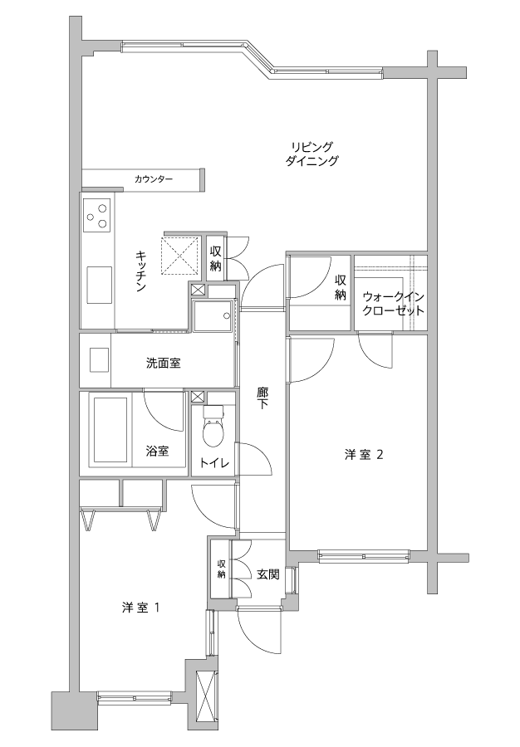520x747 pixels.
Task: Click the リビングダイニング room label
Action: tap(312, 154)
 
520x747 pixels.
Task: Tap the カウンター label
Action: tap(154, 179)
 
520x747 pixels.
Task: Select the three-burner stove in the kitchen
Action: tap(97, 215)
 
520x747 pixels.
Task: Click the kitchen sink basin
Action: tap(99, 285)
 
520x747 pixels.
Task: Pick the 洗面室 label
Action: tap(163, 364)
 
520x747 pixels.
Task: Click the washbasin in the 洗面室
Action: tap(100, 360)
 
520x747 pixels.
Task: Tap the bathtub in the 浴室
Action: tap(110, 429)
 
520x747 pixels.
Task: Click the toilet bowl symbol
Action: tap(213, 426)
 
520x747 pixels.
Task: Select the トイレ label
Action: tap(214, 462)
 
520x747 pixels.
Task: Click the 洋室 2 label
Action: tap(364, 455)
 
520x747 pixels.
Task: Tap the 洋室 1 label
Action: tap(140, 608)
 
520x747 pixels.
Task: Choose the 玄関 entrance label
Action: tap(268, 574)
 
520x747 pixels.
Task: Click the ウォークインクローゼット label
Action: tap(393, 304)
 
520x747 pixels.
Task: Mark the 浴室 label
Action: tap(157, 450)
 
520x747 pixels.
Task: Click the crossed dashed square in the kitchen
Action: tap(180, 256)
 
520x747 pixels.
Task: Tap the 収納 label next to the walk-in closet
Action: tap(340, 288)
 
